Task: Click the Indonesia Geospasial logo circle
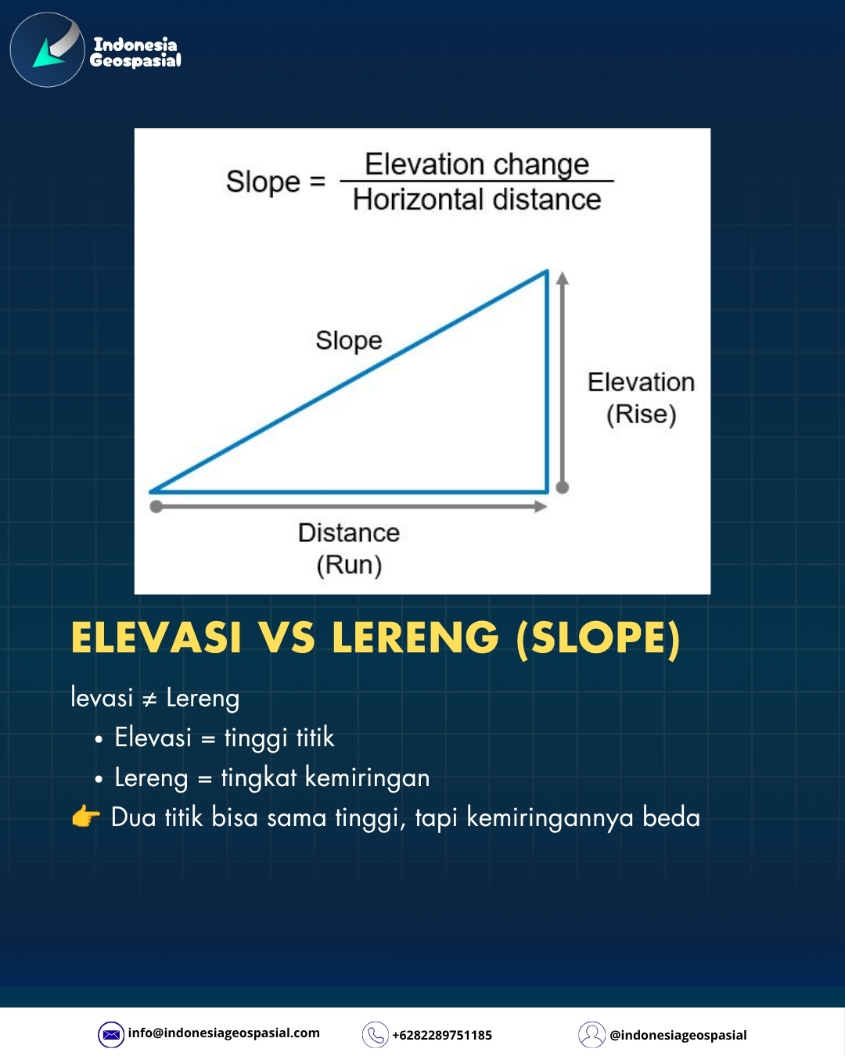pyautogui.click(x=47, y=49)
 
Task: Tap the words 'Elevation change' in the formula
pyautogui.click(x=476, y=164)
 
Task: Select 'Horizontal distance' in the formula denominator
pyautogui.click(x=476, y=199)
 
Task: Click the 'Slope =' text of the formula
pyautogui.click(x=275, y=182)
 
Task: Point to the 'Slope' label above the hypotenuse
pyautogui.click(x=349, y=340)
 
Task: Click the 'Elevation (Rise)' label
pyautogui.click(x=642, y=398)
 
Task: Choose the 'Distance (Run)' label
pyautogui.click(x=349, y=548)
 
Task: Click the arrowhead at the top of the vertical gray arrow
pyautogui.click(x=563, y=278)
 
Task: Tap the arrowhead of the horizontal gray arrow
pyautogui.click(x=541, y=506)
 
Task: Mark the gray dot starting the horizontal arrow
pyautogui.click(x=156, y=506)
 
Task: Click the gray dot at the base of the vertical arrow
pyautogui.click(x=563, y=487)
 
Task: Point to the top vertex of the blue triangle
pyautogui.click(x=547, y=271)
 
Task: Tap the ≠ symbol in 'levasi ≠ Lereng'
pyautogui.click(x=149, y=699)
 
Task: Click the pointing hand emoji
pyautogui.click(x=86, y=817)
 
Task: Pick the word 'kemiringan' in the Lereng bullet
pyautogui.click(x=367, y=778)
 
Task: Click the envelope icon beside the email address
pyautogui.click(x=111, y=1035)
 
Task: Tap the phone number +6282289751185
pyautogui.click(x=442, y=1036)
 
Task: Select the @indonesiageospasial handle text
pyautogui.click(x=678, y=1036)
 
